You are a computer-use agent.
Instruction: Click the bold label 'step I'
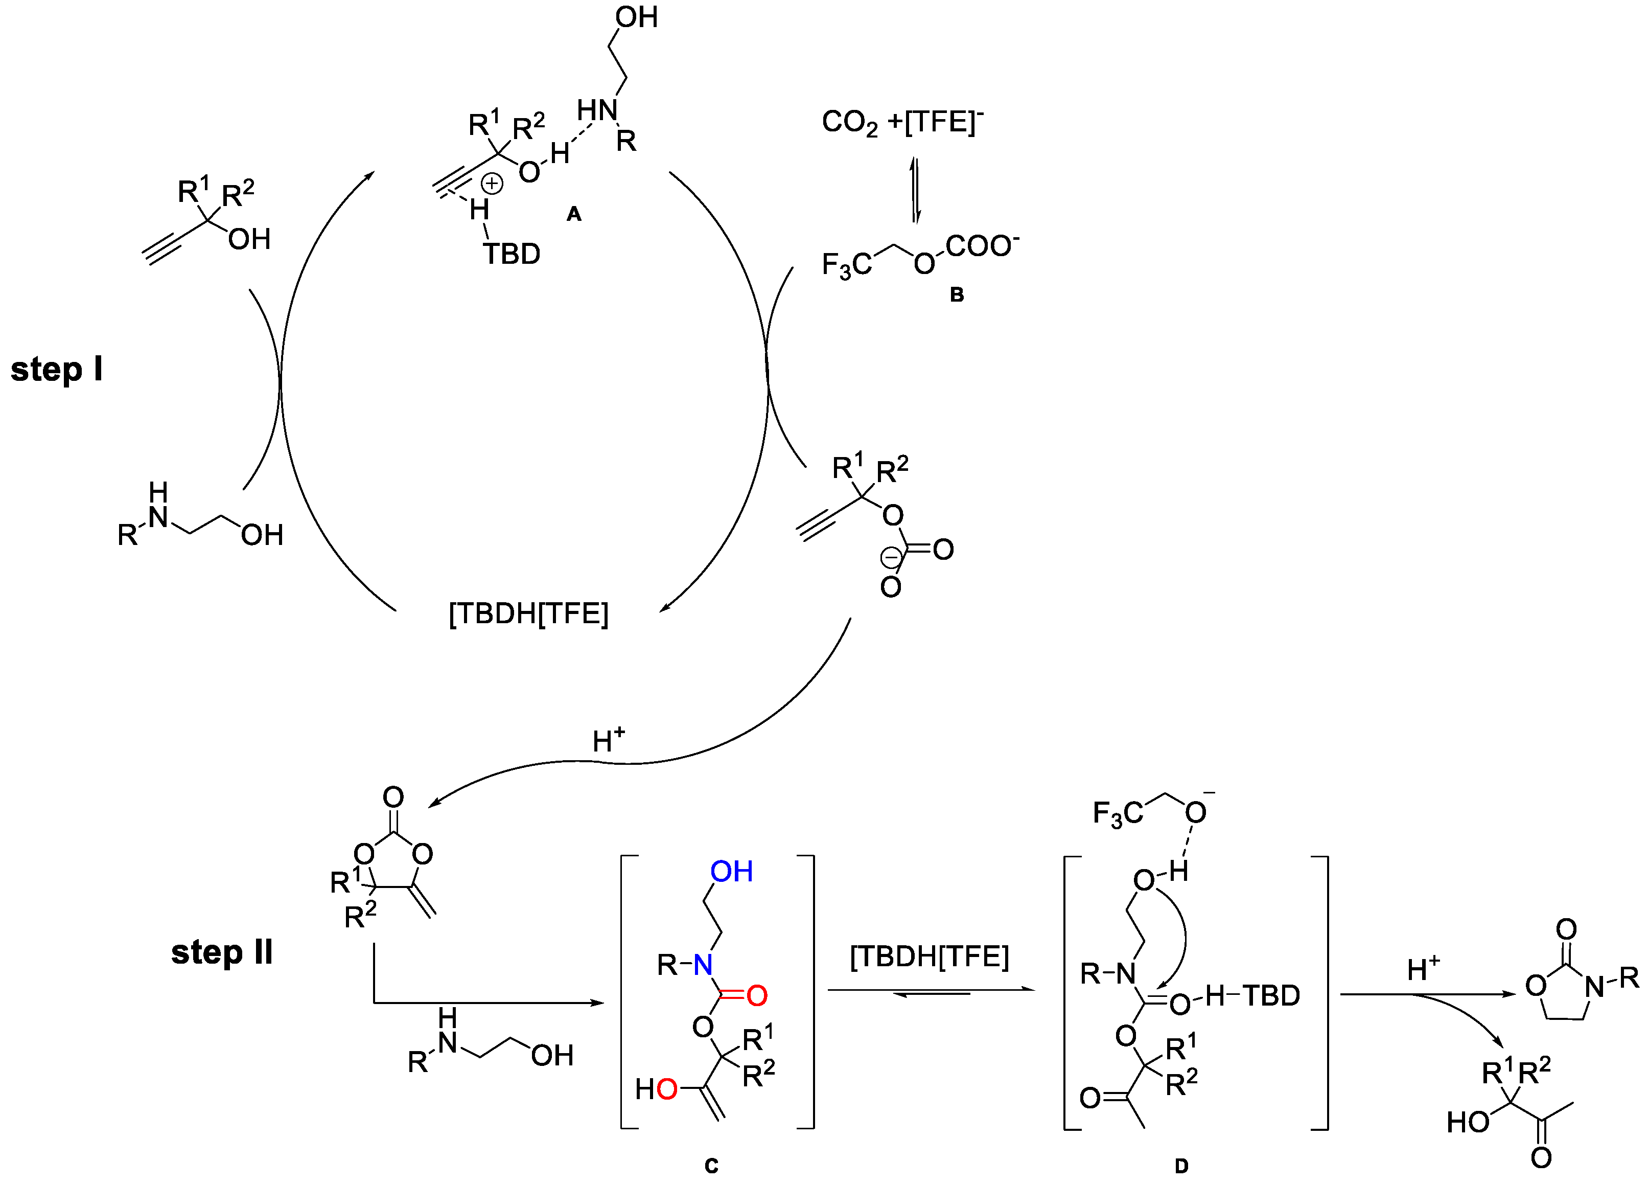(57, 370)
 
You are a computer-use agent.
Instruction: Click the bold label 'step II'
(222, 952)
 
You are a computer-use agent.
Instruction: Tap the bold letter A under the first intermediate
(574, 214)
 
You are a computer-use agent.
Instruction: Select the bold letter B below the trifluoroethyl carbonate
(957, 294)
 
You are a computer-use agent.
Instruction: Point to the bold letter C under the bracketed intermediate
(711, 1166)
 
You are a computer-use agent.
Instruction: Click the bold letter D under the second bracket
(1181, 1166)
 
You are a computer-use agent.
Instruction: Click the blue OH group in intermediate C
(731, 872)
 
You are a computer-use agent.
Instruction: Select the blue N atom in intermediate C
(703, 965)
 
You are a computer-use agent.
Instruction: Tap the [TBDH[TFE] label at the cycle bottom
(528, 614)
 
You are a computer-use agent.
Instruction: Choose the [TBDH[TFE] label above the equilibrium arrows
(930, 957)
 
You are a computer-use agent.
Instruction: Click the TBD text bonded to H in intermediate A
(512, 255)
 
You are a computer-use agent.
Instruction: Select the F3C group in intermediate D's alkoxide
(1118, 814)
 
